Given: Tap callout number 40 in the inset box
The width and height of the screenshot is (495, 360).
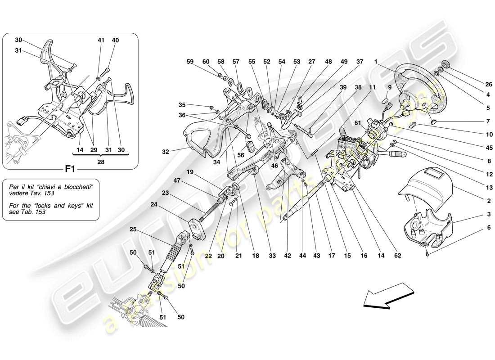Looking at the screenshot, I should click(116, 40).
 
